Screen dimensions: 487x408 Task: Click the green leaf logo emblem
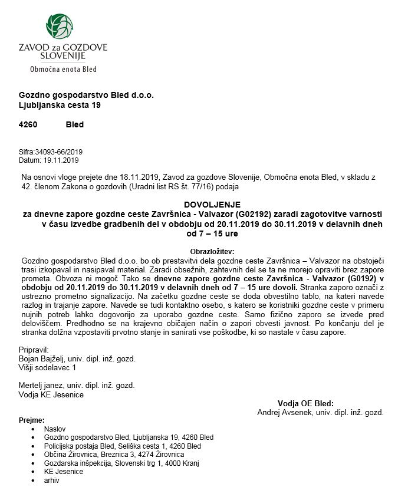(x=60, y=27)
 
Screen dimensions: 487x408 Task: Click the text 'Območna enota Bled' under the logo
(x=64, y=69)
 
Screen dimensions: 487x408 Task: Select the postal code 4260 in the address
(x=28, y=125)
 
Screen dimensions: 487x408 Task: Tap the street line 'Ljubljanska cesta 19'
(x=60, y=106)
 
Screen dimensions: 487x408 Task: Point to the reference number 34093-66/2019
(x=59, y=152)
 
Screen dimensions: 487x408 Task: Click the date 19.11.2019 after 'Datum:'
(x=61, y=160)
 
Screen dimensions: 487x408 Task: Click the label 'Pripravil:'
(x=35, y=350)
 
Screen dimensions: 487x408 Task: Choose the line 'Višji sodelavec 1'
(x=48, y=367)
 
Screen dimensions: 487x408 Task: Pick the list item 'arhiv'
(x=52, y=481)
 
